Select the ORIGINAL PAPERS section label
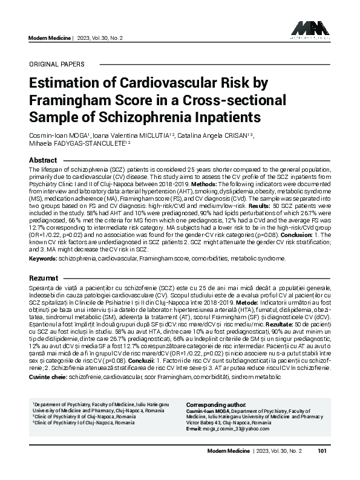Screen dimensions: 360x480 (57, 64)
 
